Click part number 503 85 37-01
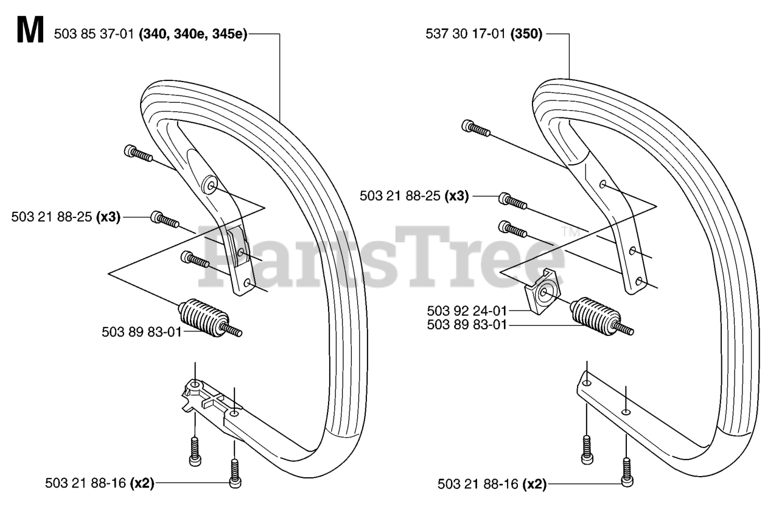coord(94,35)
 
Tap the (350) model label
coord(526,35)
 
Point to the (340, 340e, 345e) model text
coord(193,35)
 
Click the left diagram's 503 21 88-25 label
coord(52,217)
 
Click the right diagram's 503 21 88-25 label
coord(400,196)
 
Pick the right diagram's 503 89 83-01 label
coord(466,324)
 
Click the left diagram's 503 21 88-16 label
coord(85,483)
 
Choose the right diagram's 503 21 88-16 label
coord(478,485)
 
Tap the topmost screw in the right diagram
coord(475,127)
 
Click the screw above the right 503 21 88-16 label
coord(626,471)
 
